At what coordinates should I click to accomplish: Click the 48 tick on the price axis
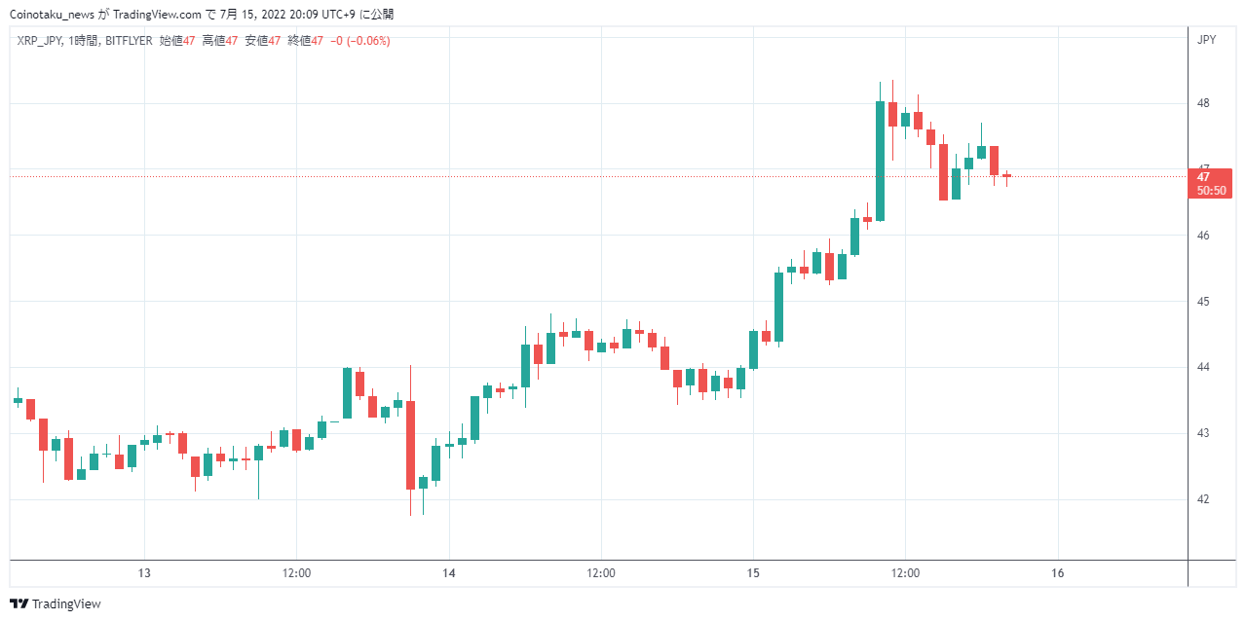1203,103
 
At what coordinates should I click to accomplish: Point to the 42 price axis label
1203,499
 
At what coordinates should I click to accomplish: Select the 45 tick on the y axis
1203,302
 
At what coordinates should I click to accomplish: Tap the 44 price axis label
1203,367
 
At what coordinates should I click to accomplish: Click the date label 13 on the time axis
144,573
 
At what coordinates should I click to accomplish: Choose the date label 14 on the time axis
449,573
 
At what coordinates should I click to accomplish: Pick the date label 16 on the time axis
1057,573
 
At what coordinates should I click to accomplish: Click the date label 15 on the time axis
753,573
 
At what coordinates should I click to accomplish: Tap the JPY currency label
1206,40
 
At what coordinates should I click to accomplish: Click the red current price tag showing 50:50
1210,183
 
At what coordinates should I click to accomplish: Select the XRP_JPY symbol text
40,41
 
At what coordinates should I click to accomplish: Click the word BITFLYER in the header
129,41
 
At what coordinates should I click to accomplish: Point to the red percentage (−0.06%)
368,41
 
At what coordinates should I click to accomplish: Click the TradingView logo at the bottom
56,603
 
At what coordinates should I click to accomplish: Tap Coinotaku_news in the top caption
52,15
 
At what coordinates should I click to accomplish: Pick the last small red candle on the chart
1006,176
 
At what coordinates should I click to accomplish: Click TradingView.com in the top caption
158,15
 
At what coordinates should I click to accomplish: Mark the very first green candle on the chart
18,400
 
